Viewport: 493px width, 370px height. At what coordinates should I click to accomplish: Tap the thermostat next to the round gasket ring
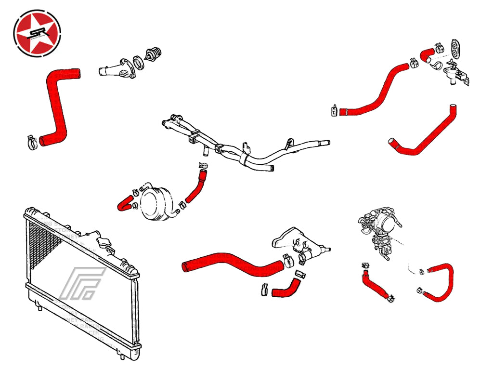click(x=154, y=56)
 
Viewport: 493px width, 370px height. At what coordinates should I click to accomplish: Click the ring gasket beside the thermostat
click(x=138, y=63)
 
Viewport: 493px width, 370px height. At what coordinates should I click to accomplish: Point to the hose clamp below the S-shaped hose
click(x=32, y=142)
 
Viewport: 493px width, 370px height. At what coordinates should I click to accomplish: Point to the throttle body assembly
click(x=380, y=229)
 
